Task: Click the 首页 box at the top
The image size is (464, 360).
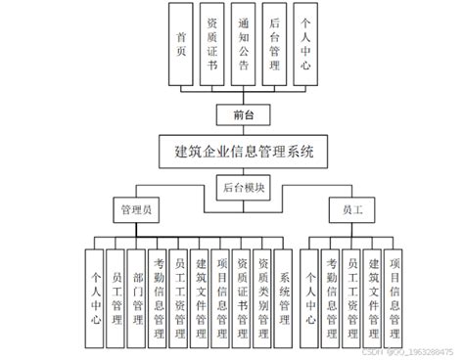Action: (181, 43)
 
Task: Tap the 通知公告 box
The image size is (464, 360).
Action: (245, 43)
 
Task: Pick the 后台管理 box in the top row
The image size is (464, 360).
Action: (276, 43)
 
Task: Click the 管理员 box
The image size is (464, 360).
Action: (135, 209)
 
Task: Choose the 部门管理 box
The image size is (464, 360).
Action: (138, 290)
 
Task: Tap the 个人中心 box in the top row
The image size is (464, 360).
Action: (307, 43)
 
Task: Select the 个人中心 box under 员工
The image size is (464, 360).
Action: (312, 290)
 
